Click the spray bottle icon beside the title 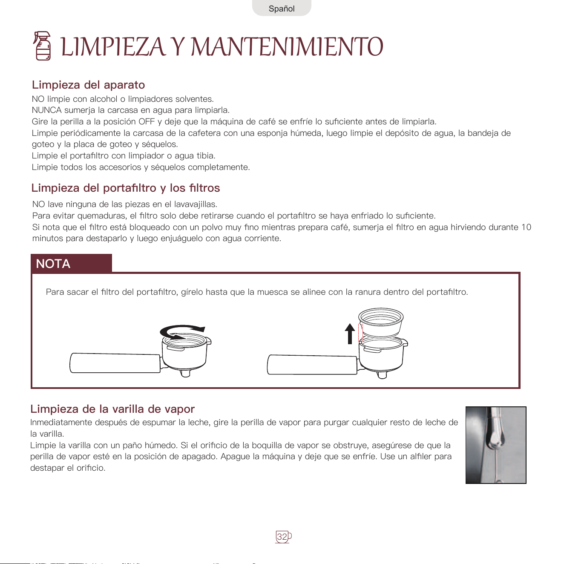point(42,46)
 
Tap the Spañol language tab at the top point(282,9)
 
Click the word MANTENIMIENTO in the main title point(287,47)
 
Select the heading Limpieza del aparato point(88,85)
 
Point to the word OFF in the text point(147,121)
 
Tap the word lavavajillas point(196,204)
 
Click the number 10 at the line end point(526,227)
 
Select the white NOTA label point(53,264)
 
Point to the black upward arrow point(350,334)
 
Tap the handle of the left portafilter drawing point(115,363)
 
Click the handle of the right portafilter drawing point(312,365)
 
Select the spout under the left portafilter point(185,373)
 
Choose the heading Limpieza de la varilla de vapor point(113,409)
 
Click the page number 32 point(282,537)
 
